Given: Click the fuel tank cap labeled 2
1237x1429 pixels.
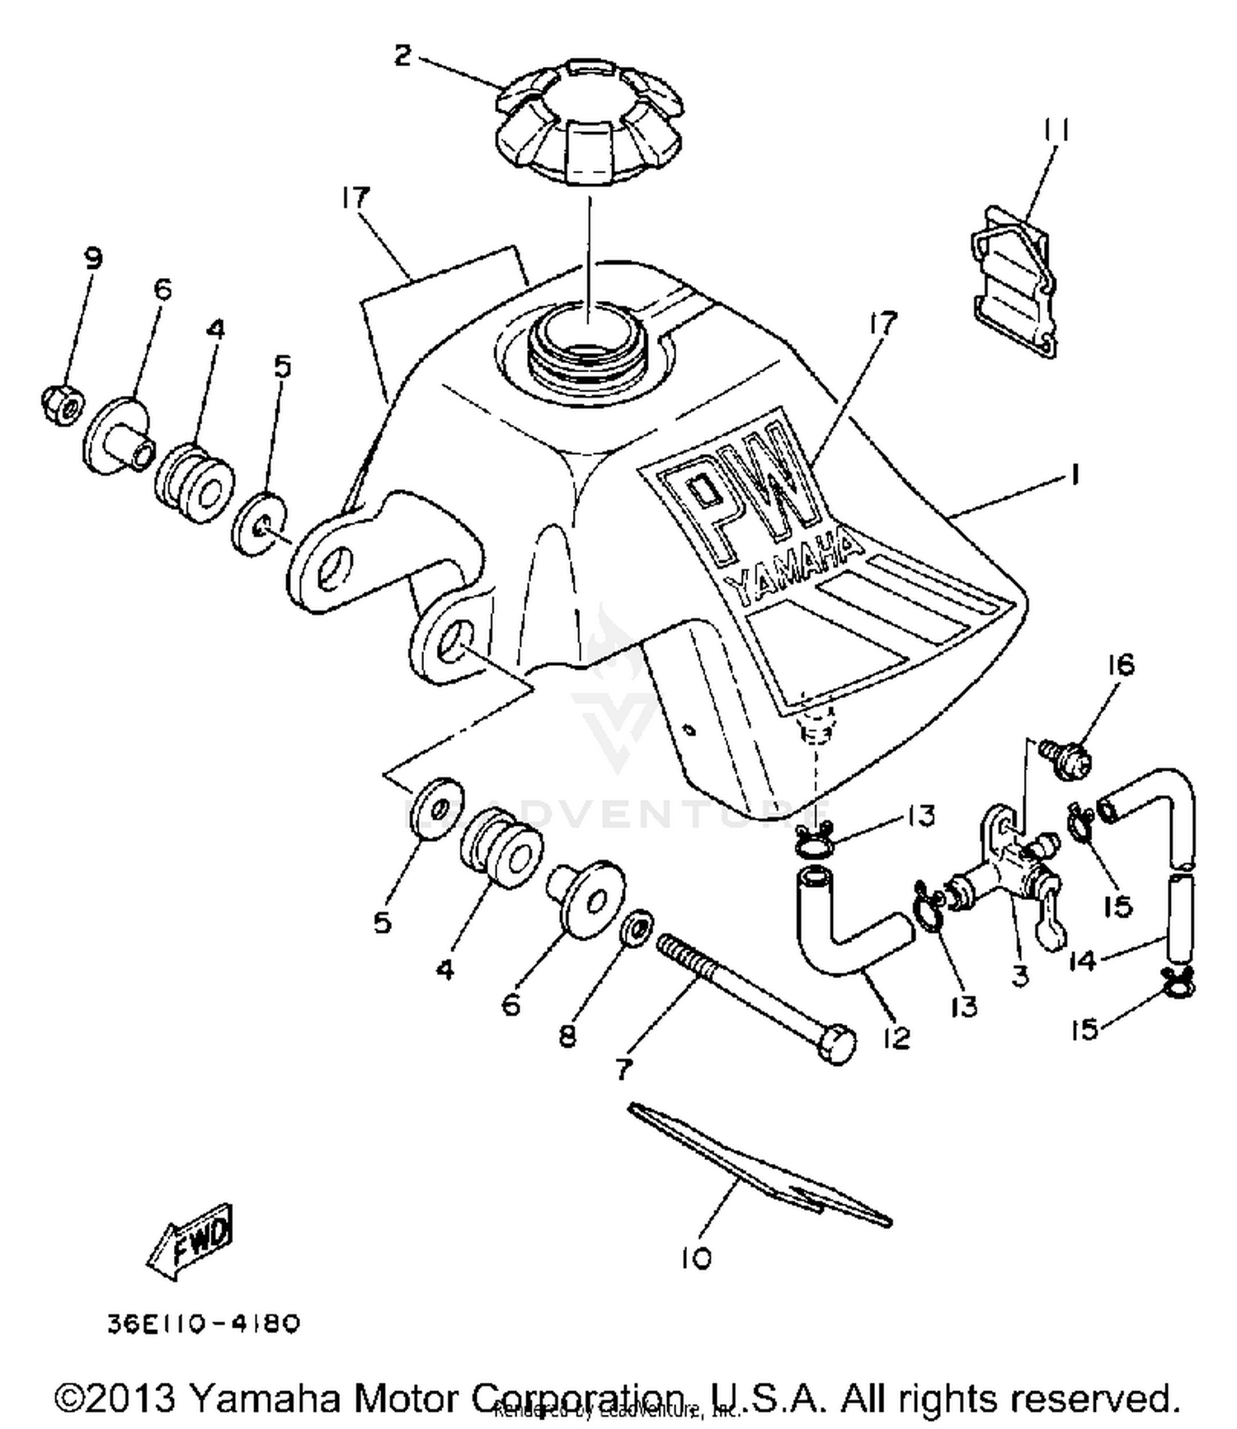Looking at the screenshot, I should click(x=590, y=124).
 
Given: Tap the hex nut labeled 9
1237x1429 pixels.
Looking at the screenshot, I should click(x=62, y=403).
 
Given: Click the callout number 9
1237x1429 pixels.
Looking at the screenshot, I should click(x=93, y=258).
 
